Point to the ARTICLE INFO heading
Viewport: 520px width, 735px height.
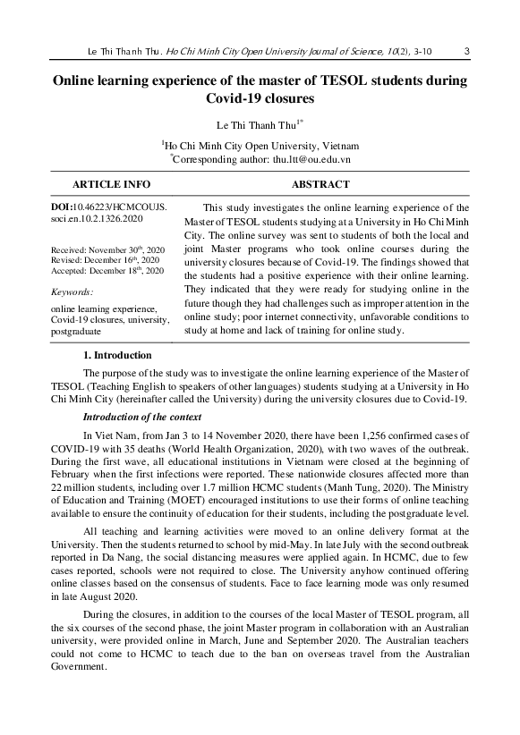pos(111,183)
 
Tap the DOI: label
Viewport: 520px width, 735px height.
pos(67,207)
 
